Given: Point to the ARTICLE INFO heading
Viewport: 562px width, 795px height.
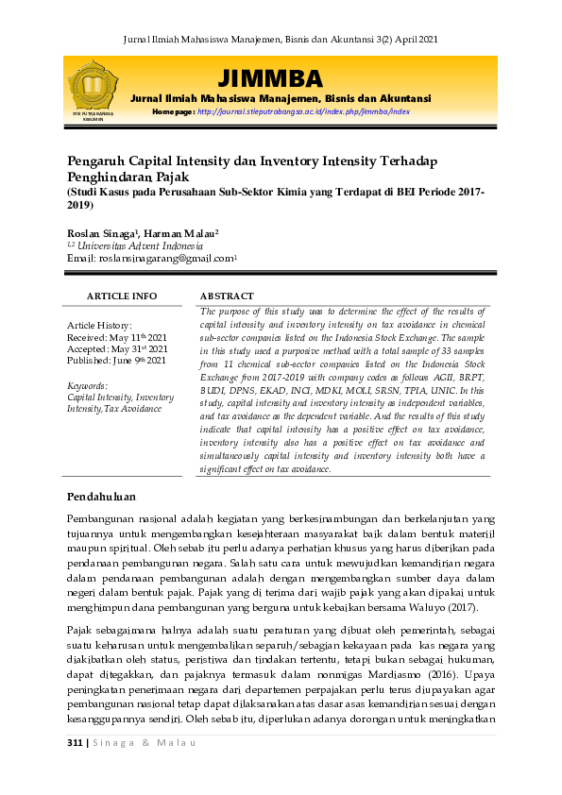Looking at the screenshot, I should [122, 296].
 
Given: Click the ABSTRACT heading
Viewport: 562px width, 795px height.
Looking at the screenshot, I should [227, 296].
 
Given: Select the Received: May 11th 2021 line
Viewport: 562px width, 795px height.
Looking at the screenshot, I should [116, 337].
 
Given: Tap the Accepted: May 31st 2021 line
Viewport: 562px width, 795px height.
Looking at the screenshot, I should [118, 348].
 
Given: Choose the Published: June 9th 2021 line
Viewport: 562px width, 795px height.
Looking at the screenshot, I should [116, 360].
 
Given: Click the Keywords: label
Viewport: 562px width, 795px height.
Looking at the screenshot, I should [88, 386].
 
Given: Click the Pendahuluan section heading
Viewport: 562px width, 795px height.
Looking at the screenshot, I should [101, 497].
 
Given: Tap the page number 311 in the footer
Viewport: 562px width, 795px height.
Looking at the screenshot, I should [76, 742].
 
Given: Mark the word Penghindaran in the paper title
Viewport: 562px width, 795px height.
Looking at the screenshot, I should [110, 177].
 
